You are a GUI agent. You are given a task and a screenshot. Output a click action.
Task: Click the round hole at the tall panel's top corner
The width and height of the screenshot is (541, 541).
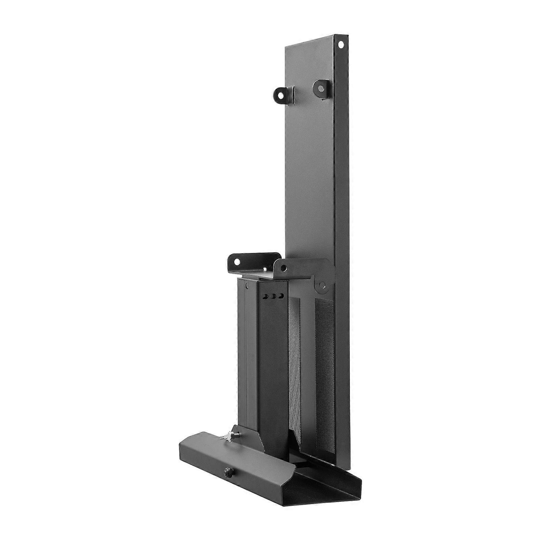[x=341, y=44]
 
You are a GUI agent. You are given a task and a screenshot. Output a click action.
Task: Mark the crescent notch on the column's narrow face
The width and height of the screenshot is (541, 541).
[x=247, y=286]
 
